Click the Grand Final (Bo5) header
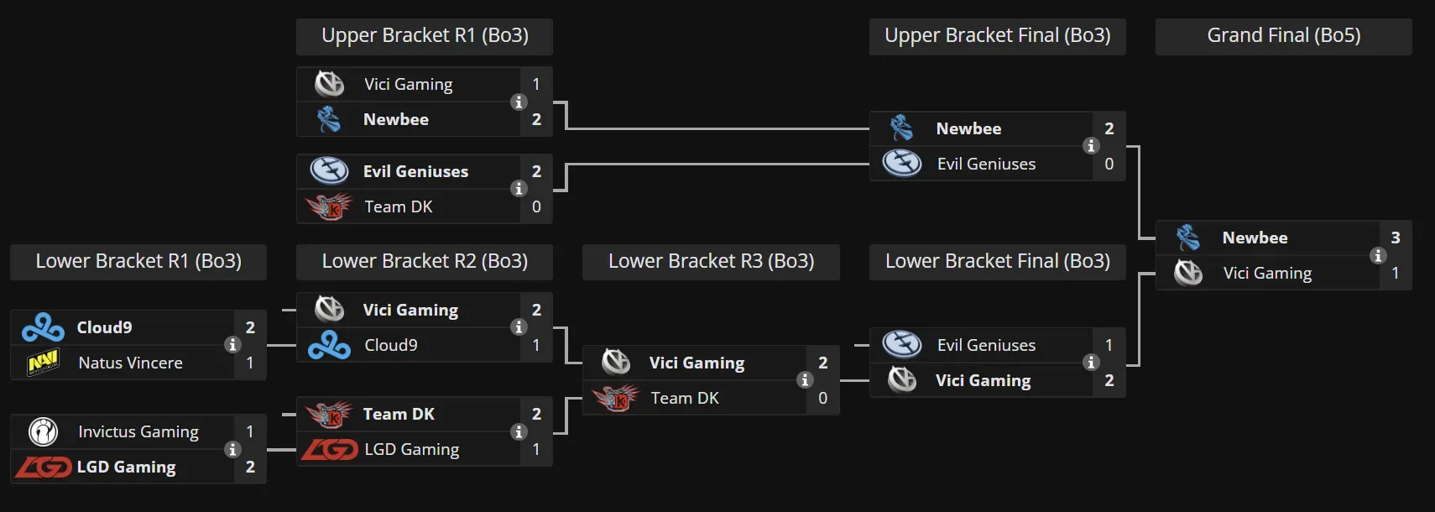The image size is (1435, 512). tap(1283, 36)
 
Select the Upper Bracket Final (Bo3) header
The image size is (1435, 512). tap(997, 36)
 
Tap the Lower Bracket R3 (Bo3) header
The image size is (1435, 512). tap(711, 262)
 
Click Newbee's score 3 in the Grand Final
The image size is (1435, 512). tap(1395, 238)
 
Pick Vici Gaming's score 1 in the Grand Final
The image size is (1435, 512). tap(1395, 274)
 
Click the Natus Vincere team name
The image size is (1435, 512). tap(130, 363)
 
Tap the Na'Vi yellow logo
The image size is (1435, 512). tap(43, 363)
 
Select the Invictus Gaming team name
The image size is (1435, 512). tap(138, 432)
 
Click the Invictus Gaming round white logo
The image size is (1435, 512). tap(43, 432)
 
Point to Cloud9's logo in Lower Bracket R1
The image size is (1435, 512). tap(43, 328)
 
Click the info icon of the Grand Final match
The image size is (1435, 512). tap(1377, 256)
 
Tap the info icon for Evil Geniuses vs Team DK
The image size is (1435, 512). tap(519, 189)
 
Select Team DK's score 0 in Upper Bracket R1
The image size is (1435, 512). tap(536, 207)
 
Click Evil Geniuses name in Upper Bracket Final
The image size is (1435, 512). tap(986, 165)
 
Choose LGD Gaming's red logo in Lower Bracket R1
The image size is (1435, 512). tap(43, 468)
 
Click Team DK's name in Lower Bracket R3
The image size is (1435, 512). tap(685, 399)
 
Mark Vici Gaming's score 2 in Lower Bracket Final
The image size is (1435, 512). tap(1109, 381)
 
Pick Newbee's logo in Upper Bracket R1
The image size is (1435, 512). tap(329, 120)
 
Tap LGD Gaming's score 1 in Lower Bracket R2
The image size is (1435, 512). tap(536, 450)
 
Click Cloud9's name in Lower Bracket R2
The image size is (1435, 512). tap(390, 346)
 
